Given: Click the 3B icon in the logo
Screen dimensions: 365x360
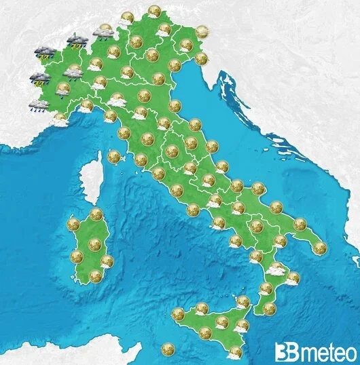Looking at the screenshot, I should pos(286,351).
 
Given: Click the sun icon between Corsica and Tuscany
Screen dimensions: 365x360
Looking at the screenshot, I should pos(113,157).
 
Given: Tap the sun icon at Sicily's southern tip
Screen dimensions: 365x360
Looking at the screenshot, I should pos(235,351).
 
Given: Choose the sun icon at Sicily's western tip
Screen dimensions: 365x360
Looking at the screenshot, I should pos(178,314).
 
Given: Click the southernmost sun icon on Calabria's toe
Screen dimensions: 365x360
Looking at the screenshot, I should pos(270,309).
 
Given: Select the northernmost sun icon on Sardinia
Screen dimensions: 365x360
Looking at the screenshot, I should pos(96,214).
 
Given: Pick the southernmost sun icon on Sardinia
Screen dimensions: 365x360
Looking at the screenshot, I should pos(95,275).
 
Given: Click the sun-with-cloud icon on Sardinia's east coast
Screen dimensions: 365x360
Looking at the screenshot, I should pos(107,261).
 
